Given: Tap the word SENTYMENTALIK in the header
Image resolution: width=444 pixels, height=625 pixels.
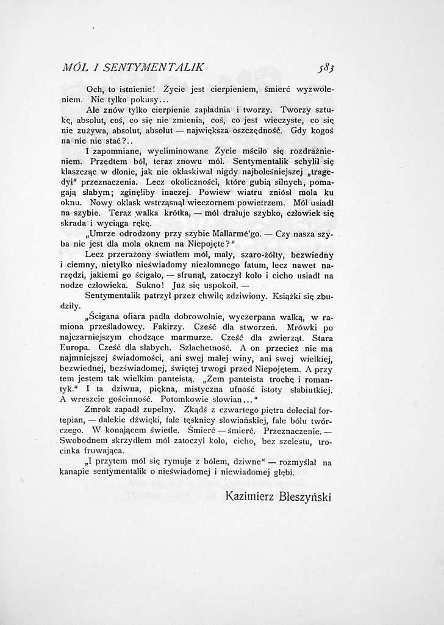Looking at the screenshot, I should pos(163,66).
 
